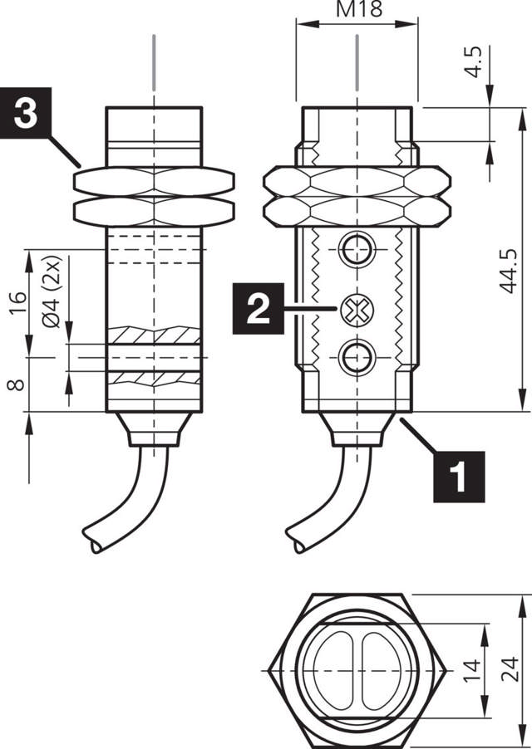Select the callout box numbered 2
click(x=259, y=309)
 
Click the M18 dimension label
click(x=355, y=11)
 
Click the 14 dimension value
click(x=471, y=671)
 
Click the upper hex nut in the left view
click(x=154, y=181)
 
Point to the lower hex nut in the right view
click(x=357, y=210)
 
